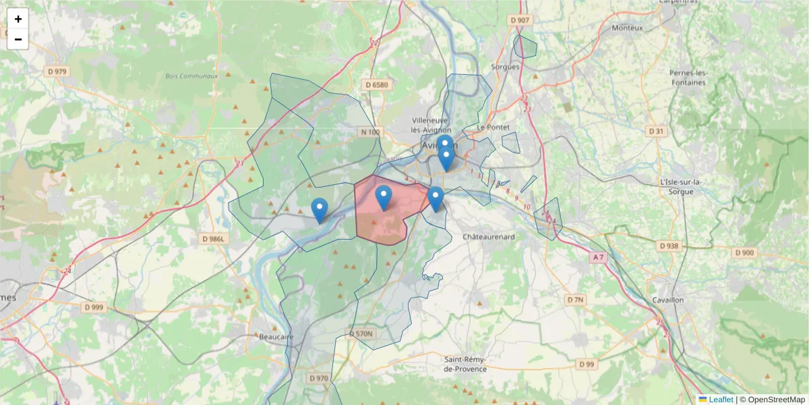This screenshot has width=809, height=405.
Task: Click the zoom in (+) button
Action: tap(18, 19)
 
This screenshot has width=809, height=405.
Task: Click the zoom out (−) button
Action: tap(18, 39)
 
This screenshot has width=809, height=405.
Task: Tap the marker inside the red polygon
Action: tap(384, 197)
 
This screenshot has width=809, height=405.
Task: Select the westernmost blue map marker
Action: tap(320, 210)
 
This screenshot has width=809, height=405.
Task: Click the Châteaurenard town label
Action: tap(489, 237)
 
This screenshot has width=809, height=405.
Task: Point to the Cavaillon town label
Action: tap(668, 300)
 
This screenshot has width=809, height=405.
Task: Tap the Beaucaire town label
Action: tap(276, 336)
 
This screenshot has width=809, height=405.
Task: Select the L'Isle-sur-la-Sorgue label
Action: tap(682, 186)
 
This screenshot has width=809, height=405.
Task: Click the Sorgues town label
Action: tap(506, 67)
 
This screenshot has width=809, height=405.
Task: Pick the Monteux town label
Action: tap(627, 28)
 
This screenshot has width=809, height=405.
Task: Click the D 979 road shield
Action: tap(57, 71)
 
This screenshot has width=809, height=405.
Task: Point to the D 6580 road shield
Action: tap(377, 84)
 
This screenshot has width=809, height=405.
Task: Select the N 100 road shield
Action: tap(370, 132)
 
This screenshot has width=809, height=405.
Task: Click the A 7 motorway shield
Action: tap(598, 257)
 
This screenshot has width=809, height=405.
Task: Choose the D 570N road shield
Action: tap(361, 333)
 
